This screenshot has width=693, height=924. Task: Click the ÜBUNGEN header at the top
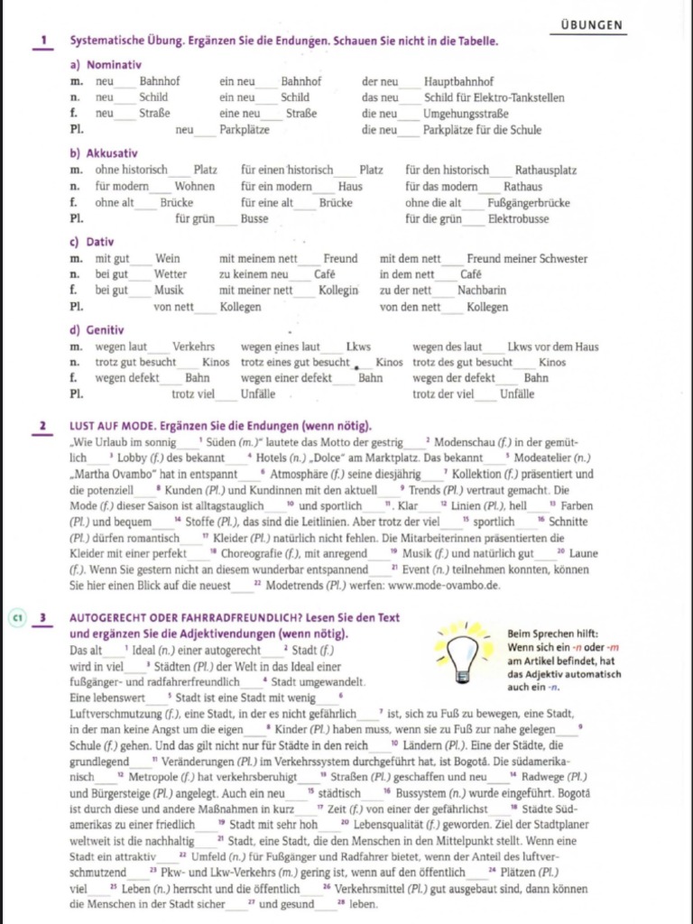tap(591, 25)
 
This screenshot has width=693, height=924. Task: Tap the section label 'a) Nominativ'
tap(106, 65)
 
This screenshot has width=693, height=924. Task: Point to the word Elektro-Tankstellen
tap(531, 97)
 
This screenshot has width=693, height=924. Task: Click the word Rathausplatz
tap(546, 170)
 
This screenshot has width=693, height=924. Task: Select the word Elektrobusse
tap(518, 219)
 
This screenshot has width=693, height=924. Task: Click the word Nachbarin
tap(482, 291)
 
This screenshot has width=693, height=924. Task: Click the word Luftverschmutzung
tap(114, 713)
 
